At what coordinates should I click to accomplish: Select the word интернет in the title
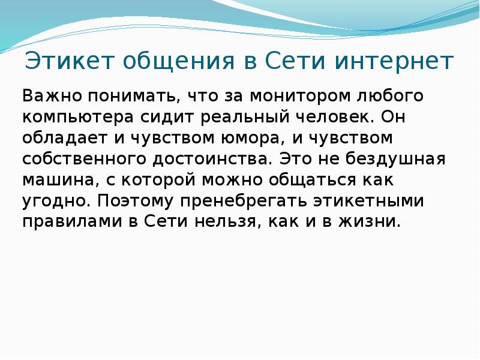(394, 61)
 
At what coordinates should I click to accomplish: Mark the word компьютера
(78, 118)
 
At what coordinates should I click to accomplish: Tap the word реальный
(245, 116)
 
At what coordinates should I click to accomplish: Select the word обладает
(65, 138)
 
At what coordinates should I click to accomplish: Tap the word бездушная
(395, 159)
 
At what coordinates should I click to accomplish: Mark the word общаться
(313, 180)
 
